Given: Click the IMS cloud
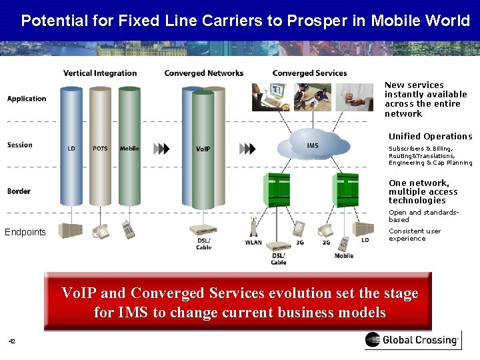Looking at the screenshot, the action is pyautogui.click(x=313, y=145).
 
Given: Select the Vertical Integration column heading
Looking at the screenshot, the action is pyautogui.click(x=100, y=73).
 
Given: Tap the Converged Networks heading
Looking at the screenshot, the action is pyautogui.click(x=203, y=73).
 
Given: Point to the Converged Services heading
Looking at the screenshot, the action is pyautogui.click(x=309, y=73).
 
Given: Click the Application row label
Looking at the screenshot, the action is pyautogui.click(x=27, y=99).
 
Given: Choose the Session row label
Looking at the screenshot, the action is pyautogui.click(x=19, y=145).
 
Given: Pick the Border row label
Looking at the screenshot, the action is pyautogui.click(x=19, y=191).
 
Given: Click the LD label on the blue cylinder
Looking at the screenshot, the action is pyautogui.click(x=71, y=149).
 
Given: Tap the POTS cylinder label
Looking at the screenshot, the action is pyautogui.click(x=100, y=149).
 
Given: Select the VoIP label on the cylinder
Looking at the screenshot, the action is pyautogui.click(x=203, y=149).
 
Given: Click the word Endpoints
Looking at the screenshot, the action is pyautogui.click(x=25, y=232).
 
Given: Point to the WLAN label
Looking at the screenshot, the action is pyautogui.click(x=253, y=243).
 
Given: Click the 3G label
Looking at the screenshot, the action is pyautogui.click(x=299, y=243).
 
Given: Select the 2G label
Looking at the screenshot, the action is pyautogui.click(x=326, y=243).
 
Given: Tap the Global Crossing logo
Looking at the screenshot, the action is pyautogui.click(x=411, y=340).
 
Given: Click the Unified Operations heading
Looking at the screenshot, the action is pyautogui.click(x=430, y=137).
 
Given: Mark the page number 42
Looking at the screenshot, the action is pyautogui.click(x=11, y=341).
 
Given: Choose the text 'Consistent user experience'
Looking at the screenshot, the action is pyautogui.click(x=415, y=235).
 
